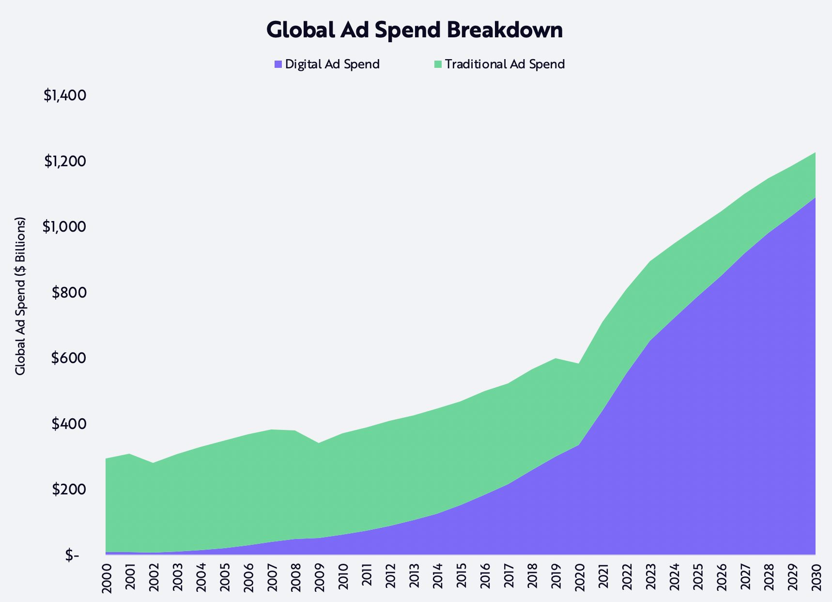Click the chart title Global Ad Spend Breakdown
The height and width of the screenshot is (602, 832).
415,30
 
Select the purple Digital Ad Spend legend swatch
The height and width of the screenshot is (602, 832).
278,64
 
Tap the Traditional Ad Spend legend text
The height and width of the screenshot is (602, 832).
505,64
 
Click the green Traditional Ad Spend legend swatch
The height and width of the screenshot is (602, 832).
438,64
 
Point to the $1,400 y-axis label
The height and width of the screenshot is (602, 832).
65,95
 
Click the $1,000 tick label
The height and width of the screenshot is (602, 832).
64,227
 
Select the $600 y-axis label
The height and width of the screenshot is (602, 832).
69,358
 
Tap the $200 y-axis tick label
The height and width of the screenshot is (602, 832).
69,490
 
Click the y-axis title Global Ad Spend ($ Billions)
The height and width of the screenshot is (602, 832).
20,296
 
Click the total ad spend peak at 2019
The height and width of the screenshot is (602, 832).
555,358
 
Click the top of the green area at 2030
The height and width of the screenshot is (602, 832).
815,153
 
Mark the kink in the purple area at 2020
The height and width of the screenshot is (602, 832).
579,444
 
